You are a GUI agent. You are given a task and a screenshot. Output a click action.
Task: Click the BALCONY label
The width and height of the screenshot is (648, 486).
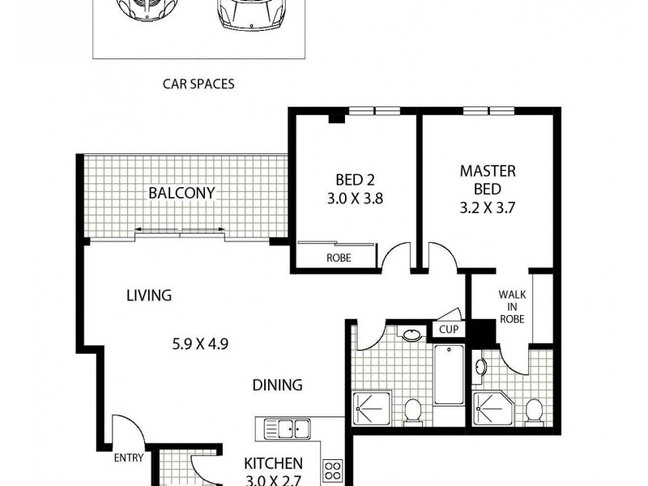181,193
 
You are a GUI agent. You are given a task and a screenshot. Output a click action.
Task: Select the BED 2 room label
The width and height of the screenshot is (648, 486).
354,179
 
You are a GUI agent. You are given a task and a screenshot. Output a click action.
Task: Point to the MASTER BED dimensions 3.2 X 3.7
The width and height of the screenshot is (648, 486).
488,207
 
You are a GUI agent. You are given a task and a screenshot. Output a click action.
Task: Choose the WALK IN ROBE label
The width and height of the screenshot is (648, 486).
511,306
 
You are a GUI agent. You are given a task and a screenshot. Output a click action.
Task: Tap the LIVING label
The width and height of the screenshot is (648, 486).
148,296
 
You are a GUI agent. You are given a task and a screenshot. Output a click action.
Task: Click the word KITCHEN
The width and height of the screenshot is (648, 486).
274,463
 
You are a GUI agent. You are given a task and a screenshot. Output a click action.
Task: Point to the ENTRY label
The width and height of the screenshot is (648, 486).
128,458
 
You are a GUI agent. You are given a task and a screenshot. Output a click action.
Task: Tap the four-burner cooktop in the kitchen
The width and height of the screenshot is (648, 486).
332,470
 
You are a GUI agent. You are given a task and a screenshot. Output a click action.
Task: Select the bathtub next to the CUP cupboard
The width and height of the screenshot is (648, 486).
448,373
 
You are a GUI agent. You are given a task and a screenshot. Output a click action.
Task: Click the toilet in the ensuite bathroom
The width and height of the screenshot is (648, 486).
534,411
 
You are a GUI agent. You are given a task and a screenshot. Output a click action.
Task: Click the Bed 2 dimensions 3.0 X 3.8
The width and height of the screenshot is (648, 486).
354,196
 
